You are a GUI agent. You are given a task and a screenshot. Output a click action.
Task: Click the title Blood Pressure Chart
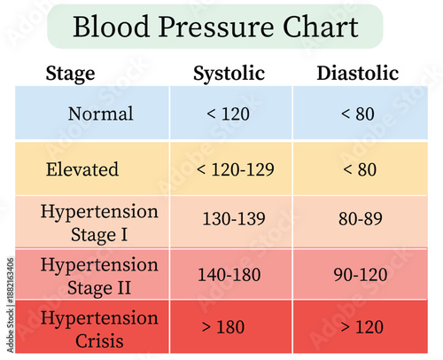pos(215,26)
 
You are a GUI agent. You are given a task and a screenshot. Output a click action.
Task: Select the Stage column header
pos(72,74)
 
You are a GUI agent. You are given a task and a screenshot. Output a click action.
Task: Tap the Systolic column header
pos(229,74)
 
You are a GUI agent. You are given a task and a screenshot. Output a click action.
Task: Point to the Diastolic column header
pos(357,74)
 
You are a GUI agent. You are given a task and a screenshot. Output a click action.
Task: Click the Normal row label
pos(100,114)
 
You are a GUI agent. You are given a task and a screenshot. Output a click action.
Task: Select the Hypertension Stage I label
pos(99,222)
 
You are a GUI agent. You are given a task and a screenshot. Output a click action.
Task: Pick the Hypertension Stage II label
pos(99,275)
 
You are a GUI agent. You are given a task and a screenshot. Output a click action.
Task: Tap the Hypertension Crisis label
pos(99,328)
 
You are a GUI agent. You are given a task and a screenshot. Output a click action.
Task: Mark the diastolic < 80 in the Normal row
pos(358,114)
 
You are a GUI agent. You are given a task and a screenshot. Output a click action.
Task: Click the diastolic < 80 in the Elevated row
pos(358,168)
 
